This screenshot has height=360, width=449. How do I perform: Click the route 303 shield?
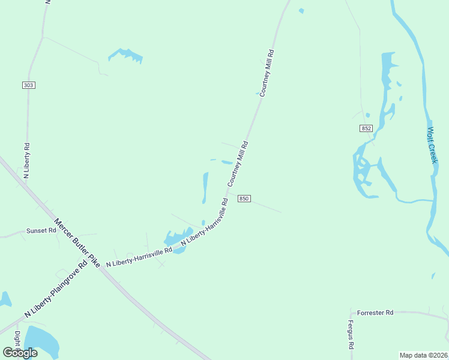tap(28, 85)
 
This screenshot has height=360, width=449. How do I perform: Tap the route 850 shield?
tap(243, 199)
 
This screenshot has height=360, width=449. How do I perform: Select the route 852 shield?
tap(367, 128)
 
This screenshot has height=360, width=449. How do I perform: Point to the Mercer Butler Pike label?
tap(76, 242)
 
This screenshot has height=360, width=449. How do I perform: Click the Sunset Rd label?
tap(41, 230)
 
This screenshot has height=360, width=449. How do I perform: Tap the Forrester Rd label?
tap(375, 313)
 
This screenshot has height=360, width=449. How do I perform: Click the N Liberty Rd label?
tap(26, 160)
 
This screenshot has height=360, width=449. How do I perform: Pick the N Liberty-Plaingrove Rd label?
tap(56, 290)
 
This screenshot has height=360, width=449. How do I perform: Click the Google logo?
tap(20, 353)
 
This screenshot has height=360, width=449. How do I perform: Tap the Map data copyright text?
tap(424, 355)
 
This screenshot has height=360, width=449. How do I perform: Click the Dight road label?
tap(17, 339)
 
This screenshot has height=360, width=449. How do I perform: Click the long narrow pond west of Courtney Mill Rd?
tap(205, 187)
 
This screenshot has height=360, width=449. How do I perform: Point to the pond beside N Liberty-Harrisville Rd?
tap(178, 240)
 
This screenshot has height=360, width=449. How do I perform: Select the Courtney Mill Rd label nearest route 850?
tap(237, 163)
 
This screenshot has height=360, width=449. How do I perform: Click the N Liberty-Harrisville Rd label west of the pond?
tap(139, 258)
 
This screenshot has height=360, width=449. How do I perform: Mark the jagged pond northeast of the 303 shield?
tap(126, 55)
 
